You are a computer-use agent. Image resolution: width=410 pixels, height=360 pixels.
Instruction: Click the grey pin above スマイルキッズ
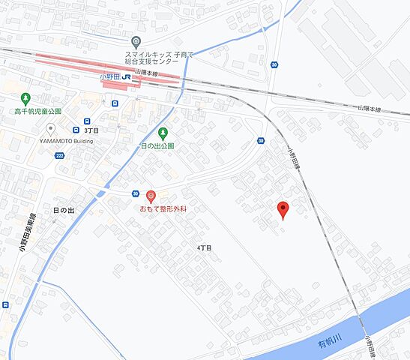(x=136, y=42)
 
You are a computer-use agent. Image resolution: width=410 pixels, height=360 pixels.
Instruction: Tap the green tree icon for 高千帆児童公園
(x=25, y=97)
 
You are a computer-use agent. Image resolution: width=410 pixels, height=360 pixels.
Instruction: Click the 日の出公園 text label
(x=157, y=145)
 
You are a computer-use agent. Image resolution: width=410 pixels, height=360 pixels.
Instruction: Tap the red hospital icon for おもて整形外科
(x=150, y=196)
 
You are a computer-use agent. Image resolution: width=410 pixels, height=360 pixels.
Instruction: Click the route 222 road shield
(x=59, y=155)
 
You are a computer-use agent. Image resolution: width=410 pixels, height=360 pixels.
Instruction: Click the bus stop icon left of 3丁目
(x=87, y=121)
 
